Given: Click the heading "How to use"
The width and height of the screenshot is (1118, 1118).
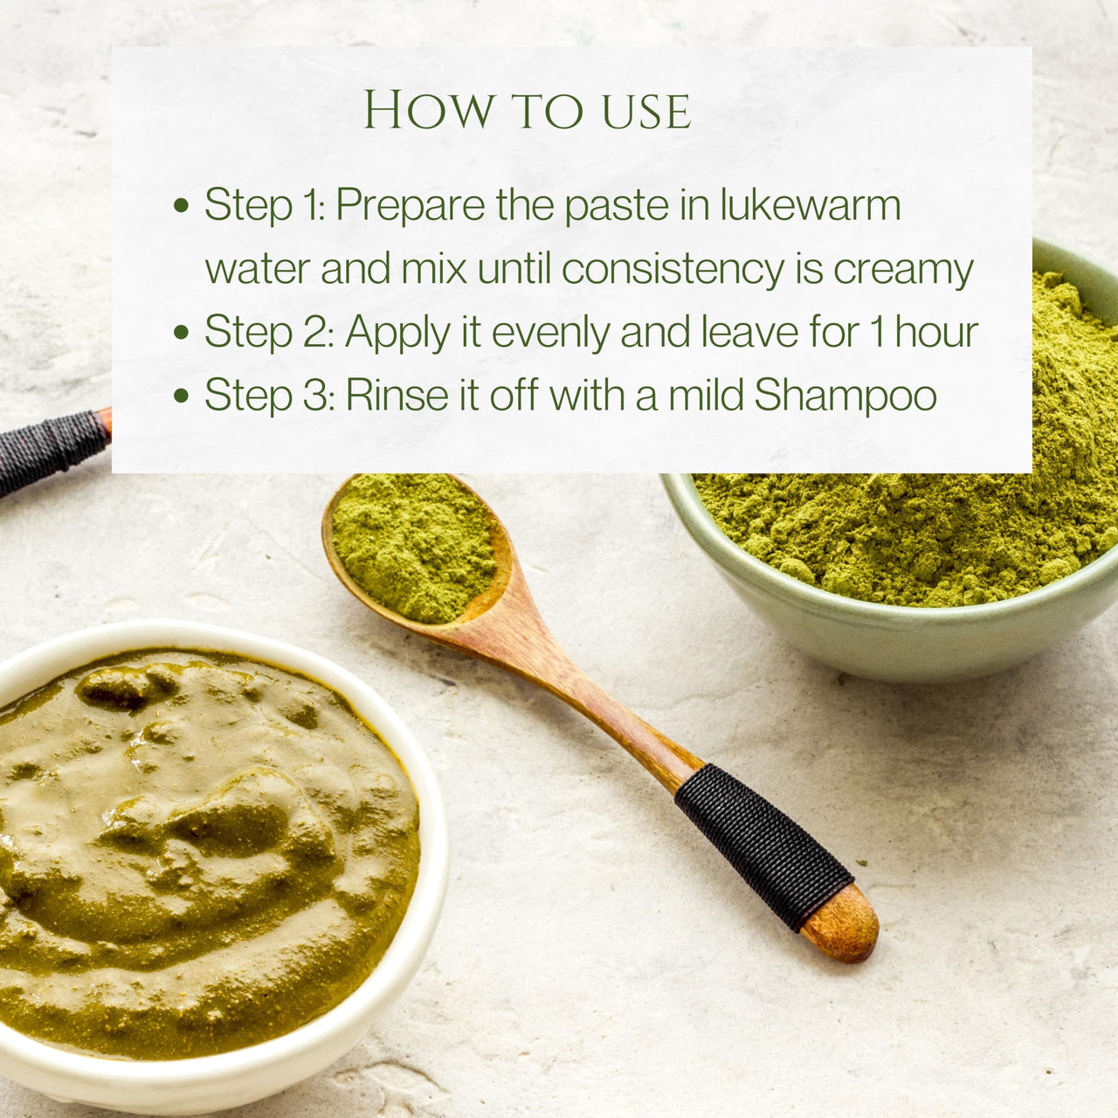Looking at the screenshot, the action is pos(527,110).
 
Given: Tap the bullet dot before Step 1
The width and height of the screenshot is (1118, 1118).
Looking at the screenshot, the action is pos(182,204).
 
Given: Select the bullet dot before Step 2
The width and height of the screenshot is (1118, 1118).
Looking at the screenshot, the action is pos(182,332).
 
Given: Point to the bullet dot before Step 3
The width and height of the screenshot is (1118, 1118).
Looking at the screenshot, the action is pos(182,395).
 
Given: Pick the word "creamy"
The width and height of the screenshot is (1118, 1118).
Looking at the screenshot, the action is pos(903,271).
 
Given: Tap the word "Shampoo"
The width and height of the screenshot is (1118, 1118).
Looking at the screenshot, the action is pos(845,397).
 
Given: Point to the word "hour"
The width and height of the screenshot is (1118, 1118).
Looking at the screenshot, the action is pos(936,332).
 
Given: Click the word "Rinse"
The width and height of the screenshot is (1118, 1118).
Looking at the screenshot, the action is pos(397,395).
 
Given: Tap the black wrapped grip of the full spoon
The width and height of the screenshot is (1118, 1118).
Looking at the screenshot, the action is pos(763,847).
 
